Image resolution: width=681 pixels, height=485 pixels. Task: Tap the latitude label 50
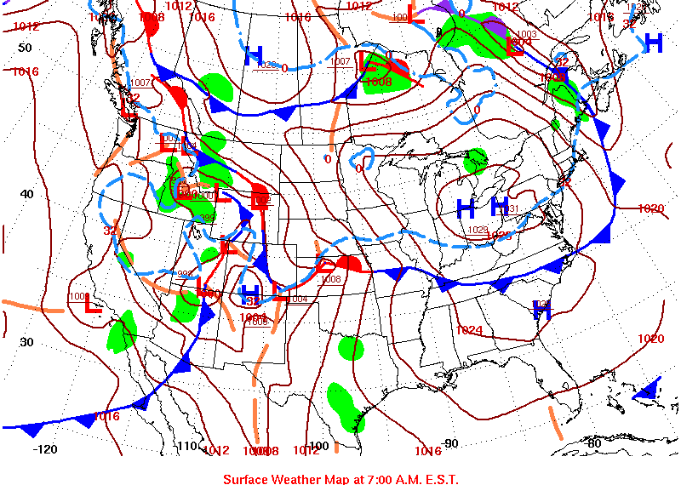click(x=25, y=48)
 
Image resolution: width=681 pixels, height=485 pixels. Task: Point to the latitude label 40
click(x=26, y=194)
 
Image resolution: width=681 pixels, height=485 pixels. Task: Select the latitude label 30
click(x=26, y=342)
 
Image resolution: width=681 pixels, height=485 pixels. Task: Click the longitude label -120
click(x=45, y=449)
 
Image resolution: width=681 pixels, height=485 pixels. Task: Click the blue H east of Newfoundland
click(x=653, y=42)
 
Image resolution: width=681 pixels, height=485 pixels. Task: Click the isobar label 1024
click(x=469, y=330)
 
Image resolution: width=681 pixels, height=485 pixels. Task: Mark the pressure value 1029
click(x=478, y=230)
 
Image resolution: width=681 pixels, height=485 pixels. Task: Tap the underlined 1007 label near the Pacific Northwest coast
click(x=141, y=83)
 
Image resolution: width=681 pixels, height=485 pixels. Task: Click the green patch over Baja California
click(x=123, y=332)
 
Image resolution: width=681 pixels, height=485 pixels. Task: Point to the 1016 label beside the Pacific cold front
click(x=106, y=416)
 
